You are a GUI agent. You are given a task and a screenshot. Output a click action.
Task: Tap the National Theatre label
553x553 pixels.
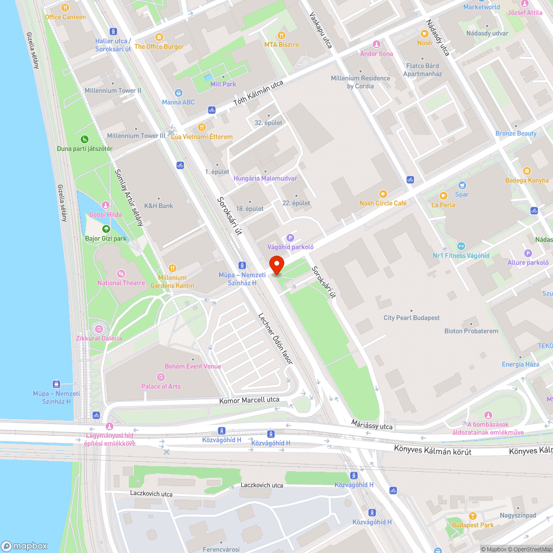pos(121,283)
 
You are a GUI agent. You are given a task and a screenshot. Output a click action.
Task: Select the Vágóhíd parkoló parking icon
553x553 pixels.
pos(290,237)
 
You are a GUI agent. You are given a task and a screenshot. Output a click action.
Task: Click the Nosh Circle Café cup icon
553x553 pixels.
pos(382,194)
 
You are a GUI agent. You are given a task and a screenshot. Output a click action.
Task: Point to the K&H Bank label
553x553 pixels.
pos(158,206)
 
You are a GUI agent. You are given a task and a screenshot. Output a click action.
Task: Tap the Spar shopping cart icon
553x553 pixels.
pos(462,185)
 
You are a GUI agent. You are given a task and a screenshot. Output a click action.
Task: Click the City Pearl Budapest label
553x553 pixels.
pos(411,318)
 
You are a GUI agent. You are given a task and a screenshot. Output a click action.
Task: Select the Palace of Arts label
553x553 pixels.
pos(161,387)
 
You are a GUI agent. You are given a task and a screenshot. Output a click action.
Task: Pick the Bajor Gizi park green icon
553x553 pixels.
pos(105,229)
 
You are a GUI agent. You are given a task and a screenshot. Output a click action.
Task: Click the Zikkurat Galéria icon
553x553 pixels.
pos(100,329)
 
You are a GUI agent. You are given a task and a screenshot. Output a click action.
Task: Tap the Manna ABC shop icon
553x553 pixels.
pos(179,93)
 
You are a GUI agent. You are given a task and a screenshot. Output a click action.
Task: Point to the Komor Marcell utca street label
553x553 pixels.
pos(249,400)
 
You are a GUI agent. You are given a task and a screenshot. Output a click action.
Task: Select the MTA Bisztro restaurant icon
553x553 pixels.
pos(281,35)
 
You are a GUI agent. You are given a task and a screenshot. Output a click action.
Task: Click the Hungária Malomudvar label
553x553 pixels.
pos(265,179)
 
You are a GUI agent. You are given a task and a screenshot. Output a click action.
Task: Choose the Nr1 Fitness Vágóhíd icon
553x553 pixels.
pos(461,246)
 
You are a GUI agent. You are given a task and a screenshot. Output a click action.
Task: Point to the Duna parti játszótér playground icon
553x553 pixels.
pos(84,139)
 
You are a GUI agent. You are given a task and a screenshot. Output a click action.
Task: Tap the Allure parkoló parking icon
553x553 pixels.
pos(528,253)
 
